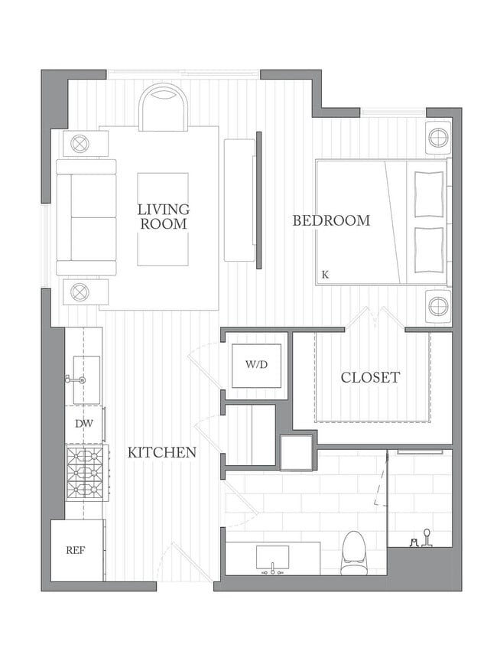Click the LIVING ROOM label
coord(164,217)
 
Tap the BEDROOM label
coord(332,220)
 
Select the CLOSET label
coord(370,377)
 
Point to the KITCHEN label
coord(162,453)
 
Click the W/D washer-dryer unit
coord(256,366)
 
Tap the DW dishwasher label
coord(84,424)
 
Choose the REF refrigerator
coord(77,550)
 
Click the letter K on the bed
coord(325,275)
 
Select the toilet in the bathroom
coord(352,553)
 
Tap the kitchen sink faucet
coord(76,379)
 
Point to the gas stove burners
coord(85,473)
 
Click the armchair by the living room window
coord(163,108)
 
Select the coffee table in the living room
coord(163,220)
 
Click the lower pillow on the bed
coord(429,250)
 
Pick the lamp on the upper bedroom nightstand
coord(438,138)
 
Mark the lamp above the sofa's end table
coord(79,144)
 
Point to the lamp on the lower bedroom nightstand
coord(438,305)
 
